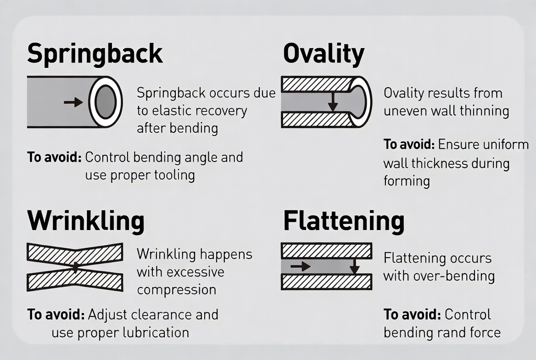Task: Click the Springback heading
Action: coord(95,54)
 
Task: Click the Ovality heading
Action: coord(324,54)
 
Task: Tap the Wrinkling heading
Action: coord(86,221)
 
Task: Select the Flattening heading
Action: coord(344,221)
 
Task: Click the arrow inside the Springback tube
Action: coord(73,102)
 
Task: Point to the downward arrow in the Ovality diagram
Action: coord(333,101)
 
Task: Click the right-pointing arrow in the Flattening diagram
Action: coord(301,266)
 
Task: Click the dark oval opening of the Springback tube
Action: coord(106,102)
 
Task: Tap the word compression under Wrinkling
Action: coord(177,290)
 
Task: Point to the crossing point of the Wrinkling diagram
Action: coord(74,267)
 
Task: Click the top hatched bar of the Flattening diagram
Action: coord(326,251)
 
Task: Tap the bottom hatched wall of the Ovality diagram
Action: coord(318,120)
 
